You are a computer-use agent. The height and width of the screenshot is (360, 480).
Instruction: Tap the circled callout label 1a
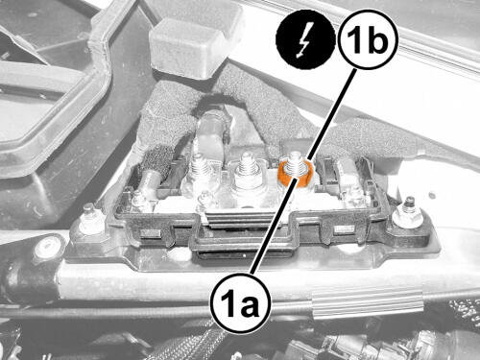[x=240, y=303]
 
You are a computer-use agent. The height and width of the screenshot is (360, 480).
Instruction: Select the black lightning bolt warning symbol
[x=305, y=39]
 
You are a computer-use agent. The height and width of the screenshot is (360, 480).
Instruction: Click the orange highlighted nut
[x=294, y=174]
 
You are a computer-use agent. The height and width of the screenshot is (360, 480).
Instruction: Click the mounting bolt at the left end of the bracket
[x=88, y=220]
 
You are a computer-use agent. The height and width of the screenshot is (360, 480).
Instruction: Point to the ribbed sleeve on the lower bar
[x=368, y=303]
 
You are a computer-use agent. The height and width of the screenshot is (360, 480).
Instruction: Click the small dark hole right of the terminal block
[x=433, y=195]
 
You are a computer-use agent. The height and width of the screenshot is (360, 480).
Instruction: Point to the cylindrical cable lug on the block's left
[x=151, y=181]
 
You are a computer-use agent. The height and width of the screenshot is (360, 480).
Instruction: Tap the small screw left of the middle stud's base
[x=204, y=199]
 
